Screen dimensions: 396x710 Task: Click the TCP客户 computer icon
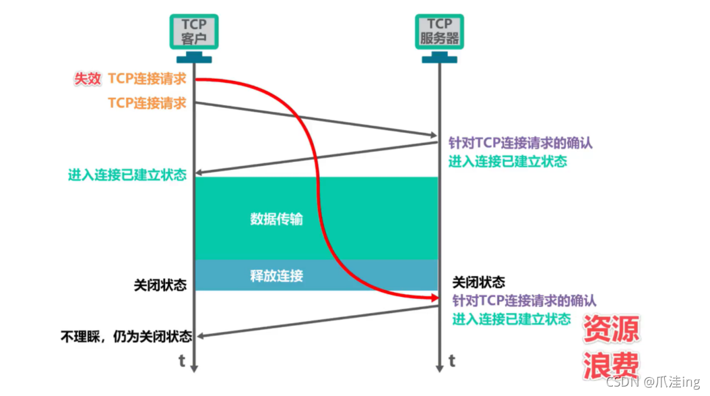point(193,37)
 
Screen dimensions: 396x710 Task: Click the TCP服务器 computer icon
point(439,37)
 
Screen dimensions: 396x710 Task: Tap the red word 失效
point(88,79)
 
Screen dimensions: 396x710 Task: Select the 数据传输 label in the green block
point(276,219)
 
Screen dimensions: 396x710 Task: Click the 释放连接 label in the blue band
point(276,275)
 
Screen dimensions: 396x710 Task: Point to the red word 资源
point(610,330)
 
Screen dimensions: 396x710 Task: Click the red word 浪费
point(610,365)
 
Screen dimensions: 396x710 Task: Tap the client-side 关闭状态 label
point(160,285)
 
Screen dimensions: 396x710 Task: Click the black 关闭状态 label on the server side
point(478,283)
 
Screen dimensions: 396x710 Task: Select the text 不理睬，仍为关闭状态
point(126,336)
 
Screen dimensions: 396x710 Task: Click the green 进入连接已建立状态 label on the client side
point(127,175)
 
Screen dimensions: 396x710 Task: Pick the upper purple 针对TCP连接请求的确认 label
point(521,143)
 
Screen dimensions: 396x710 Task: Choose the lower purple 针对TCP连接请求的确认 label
point(524,301)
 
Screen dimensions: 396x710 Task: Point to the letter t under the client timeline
point(182,361)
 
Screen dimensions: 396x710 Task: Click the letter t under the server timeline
point(451,361)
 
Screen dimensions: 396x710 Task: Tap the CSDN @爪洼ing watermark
point(653,383)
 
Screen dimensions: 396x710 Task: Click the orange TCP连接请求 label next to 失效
point(147,79)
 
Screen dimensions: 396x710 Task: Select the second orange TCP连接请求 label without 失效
point(147,103)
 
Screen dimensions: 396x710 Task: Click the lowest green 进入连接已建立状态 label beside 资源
point(511,319)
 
